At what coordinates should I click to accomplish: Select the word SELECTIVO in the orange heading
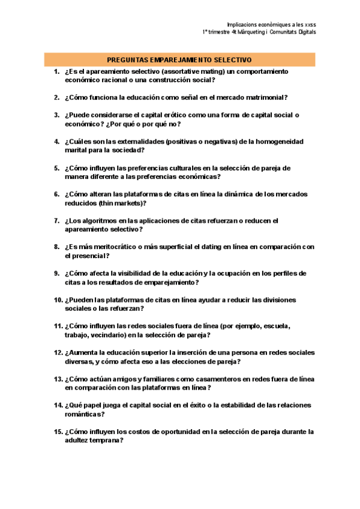[x=235, y=60]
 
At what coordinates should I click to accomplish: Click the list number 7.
[x=56, y=221]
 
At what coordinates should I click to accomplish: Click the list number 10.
[x=58, y=300]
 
